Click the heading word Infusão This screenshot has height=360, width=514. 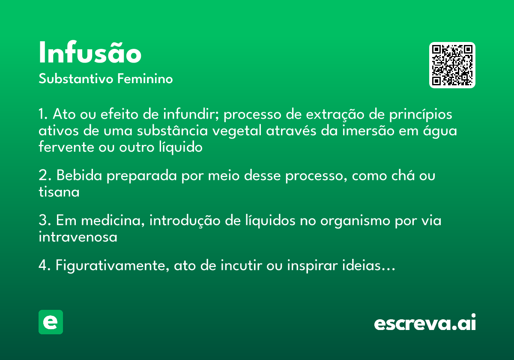coord(90,54)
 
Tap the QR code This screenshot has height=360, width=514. coord(452,65)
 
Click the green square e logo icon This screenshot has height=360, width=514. coord(51,322)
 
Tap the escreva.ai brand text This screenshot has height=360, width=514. coord(425,323)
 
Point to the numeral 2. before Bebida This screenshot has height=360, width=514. coord(45,176)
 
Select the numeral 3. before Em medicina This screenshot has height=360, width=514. coord(45,221)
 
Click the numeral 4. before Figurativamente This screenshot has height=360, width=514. coord(45,266)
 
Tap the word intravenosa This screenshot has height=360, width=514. coord(78,237)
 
